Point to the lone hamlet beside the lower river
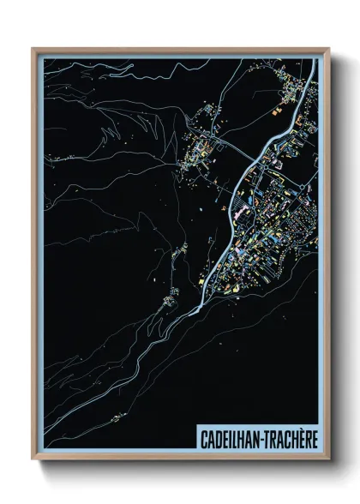[181, 250]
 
